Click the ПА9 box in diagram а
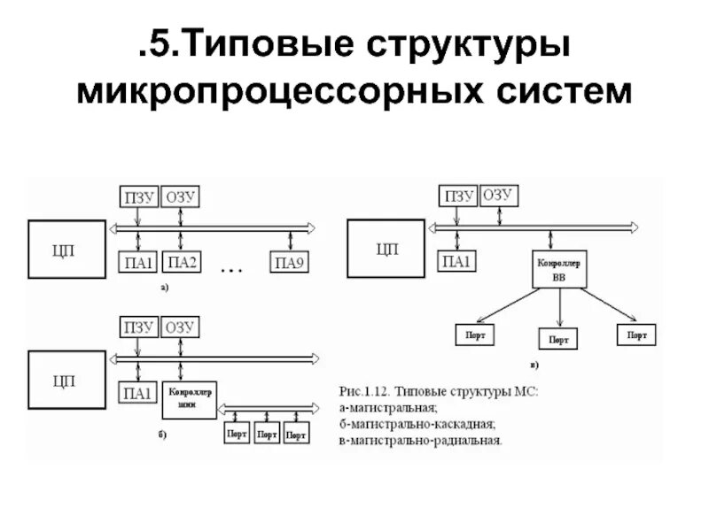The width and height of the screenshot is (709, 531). click(290, 262)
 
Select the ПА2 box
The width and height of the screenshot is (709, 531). click(183, 262)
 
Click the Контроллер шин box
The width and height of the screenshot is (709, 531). click(189, 400)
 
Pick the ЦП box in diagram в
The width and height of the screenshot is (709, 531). click(386, 249)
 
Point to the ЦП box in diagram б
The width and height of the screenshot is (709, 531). click(64, 381)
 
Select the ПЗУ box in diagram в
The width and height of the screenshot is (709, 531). click(459, 196)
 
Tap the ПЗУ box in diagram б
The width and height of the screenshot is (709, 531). click(139, 327)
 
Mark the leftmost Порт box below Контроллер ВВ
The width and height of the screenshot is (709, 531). click(475, 335)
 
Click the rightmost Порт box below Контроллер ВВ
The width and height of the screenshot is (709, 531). click(636, 335)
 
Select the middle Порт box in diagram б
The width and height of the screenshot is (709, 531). click(267, 435)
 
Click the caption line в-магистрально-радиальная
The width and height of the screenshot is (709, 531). click(420, 438)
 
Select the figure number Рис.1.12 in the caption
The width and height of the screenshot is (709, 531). click(365, 390)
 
